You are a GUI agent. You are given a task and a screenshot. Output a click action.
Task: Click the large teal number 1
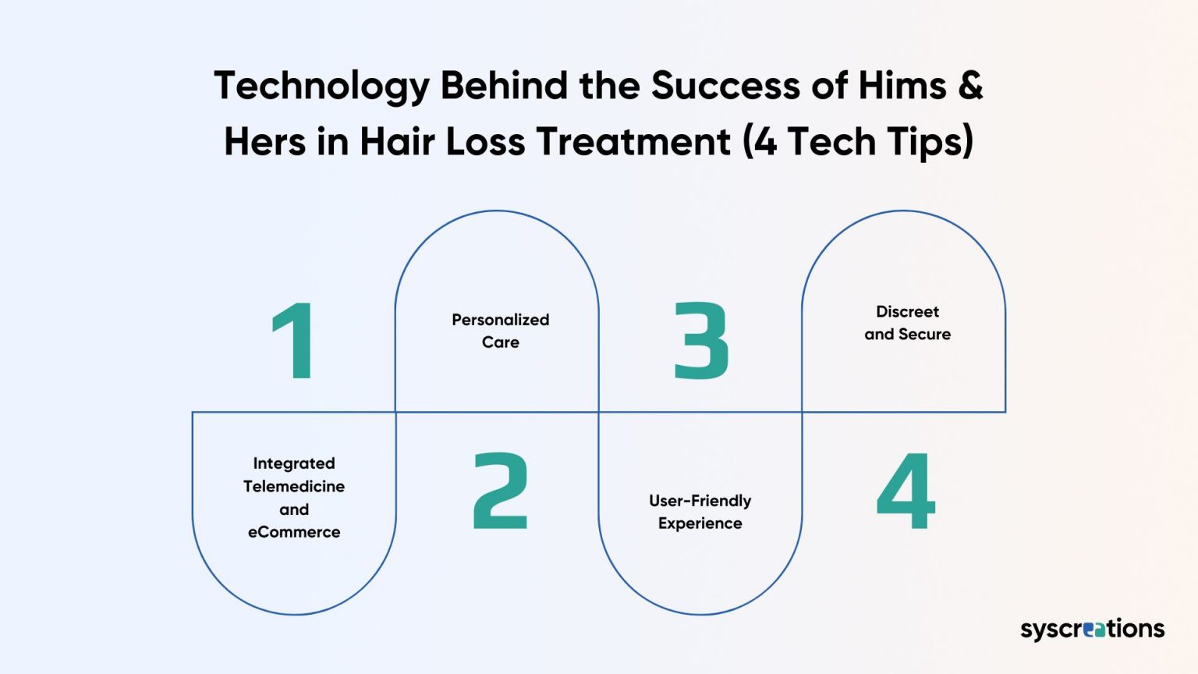point(293,341)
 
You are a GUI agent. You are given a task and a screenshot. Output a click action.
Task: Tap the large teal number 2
point(501,491)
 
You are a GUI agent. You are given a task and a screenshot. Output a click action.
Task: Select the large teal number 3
point(701,341)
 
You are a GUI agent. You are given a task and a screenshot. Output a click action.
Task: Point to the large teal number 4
point(906,491)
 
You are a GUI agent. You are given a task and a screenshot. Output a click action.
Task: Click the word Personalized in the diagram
point(500,320)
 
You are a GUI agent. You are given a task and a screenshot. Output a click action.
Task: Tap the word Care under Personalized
point(500,342)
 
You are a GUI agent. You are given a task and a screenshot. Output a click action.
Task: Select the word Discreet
point(907,312)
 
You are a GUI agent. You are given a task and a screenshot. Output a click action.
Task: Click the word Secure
point(924,335)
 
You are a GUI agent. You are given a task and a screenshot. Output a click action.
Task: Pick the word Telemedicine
point(293,487)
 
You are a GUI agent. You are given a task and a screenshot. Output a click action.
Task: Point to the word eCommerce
point(294,532)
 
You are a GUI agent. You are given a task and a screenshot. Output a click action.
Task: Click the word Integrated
point(294,463)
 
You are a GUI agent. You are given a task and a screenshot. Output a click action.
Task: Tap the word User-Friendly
point(700,501)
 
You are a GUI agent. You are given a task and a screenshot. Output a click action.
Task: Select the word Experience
point(700,523)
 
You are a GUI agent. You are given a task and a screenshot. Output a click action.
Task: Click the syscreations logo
point(1092,629)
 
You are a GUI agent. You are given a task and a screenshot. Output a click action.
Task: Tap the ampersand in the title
point(969,85)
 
